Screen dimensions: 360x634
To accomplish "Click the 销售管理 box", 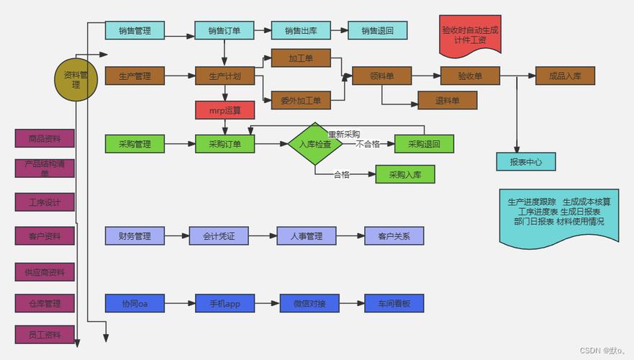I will (135, 30).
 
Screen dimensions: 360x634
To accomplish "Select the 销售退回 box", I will (377, 30).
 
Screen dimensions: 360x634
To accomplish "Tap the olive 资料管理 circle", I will (76, 79).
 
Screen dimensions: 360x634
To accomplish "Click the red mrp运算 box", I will (225, 110).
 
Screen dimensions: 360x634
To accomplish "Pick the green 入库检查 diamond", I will (314, 144).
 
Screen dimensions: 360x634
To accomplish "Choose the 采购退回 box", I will (424, 143).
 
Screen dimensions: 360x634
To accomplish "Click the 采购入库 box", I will (405, 174).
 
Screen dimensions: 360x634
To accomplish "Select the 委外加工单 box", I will (301, 100).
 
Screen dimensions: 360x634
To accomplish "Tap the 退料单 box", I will (447, 100).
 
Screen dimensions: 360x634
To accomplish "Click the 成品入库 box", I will (565, 76).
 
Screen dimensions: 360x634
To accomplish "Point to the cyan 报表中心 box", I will (525, 161).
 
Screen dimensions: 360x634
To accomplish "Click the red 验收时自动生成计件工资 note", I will (469, 35).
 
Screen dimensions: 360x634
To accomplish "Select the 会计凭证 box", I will (219, 235).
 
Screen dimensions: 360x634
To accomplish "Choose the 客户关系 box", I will (394, 235).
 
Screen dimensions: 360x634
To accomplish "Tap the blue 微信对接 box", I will (309, 303).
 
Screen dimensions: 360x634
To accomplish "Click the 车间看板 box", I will (394, 303).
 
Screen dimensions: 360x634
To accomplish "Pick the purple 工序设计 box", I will (45, 202).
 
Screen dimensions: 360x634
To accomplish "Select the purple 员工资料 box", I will (45, 334).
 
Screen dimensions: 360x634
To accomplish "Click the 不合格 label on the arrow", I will (367, 144).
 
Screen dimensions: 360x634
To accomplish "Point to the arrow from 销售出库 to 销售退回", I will (338, 30).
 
